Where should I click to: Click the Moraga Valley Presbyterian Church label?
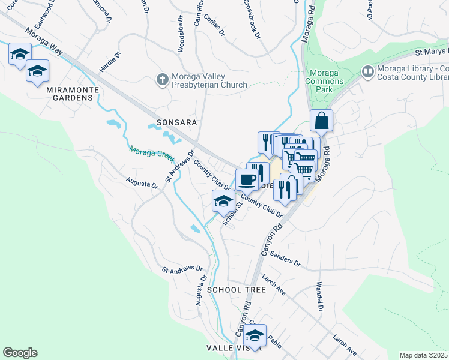tap(209, 80)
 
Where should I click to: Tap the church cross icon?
tap(161, 79)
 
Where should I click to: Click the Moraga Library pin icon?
tap(367, 72)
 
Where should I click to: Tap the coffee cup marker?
tap(247, 179)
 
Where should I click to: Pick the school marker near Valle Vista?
tap(255, 337)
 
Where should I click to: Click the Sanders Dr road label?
tap(285, 259)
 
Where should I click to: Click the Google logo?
tap(20, 353)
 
